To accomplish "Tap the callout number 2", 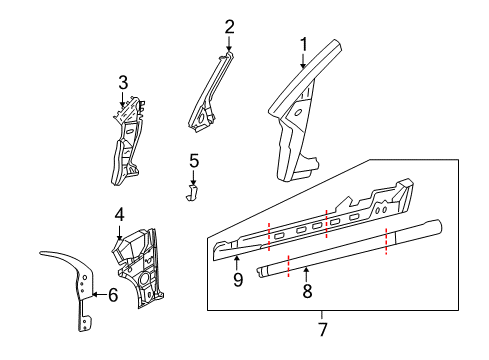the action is pos(229,27).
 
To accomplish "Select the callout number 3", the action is pos(123,82).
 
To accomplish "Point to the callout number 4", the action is pos(119,214).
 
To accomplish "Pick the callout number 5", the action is pos(194,161).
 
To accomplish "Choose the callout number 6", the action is pos(113,295).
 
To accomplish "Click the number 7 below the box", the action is pos(323,329).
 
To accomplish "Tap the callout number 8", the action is pos(307,291).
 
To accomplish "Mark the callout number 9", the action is pos(238,279).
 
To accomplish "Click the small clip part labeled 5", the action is pos(192,193).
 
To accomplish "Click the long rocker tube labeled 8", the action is pos(350,247).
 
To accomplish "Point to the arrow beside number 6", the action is pos(99,294).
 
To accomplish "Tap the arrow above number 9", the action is pos(236,263).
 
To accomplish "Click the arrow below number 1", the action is pos(303,61).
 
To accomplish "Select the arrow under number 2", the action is pos(229,43).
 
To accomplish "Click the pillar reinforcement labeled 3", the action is pos(128,140).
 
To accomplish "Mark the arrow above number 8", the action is pos(306,274).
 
